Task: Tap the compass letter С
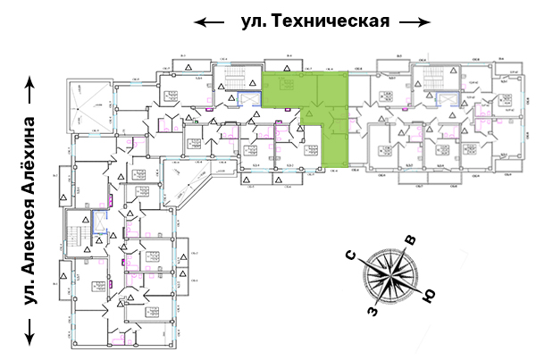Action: [x=353, y=258]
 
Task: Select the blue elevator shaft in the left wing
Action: [x=98, y=224]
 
